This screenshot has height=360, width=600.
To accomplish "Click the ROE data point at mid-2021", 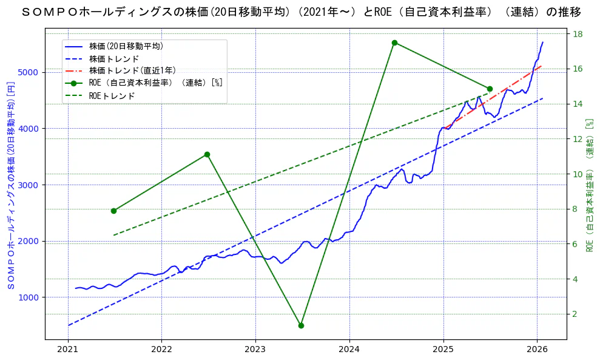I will coord(113,211).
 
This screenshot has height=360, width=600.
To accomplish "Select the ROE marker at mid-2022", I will coord(207,154).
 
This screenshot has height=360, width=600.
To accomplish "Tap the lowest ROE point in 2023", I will coord(301,325).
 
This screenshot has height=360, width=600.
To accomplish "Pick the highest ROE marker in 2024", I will coord(394,42).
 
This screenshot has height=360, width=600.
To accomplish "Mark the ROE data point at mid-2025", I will coord(490,89).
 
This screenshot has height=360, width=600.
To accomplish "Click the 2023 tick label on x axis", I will coord(255,350).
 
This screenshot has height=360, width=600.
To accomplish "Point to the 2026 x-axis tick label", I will coord(537,350).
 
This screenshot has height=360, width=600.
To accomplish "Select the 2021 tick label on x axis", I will coord(68,350).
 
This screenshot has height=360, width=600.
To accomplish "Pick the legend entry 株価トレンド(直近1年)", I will coord(132,70).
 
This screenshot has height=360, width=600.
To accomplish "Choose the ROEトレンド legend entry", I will coord(112,95).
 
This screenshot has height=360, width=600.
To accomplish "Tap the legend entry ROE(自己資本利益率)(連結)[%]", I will coord(155,83).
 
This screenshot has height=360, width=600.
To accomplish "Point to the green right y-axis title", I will coord(589,185).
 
